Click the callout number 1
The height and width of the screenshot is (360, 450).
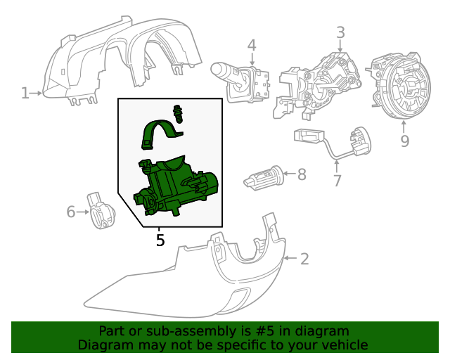pyautogui.click(x=25, y=92)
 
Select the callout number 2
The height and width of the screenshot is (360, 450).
pyautogui.click(x=304, y=259)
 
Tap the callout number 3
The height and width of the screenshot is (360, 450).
pyautogui.click(x=340, y=32)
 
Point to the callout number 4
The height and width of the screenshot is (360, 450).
pyautogui.click(x=252, y=46)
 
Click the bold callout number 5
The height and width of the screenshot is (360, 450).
pyautogui.click(x=160, y=240)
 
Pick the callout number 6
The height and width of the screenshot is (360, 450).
pyautogui.click(x=70, y=211)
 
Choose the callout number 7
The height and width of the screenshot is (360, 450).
pyautogui.click(x=337, y=181)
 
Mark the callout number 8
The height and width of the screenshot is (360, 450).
pyautogui.click(x=302, y=174)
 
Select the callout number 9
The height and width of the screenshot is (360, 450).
pyautogui.click(x=404, y=141)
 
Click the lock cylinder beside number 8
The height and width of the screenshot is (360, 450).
pyautogui.click(x=263, y=178)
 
